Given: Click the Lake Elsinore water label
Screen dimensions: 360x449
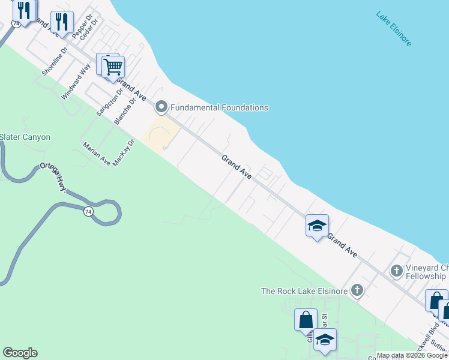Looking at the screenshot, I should coord(394,29).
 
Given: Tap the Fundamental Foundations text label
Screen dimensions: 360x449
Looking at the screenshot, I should coord(219,107).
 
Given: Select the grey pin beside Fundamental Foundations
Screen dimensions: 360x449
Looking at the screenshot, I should coord(161,107).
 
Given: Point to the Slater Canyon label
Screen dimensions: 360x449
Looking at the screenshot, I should coord(25,137).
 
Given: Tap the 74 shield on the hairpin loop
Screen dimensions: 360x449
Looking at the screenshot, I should coord(88,211).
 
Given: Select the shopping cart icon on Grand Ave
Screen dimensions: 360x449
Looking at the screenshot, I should coord(112,67).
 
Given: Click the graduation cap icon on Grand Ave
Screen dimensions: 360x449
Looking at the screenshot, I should coord(316,226).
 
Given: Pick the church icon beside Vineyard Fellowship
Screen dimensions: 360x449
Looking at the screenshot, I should coord(396,271).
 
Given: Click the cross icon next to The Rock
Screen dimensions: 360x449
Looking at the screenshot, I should coord(357,291).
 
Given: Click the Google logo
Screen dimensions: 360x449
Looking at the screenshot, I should coord(20,353).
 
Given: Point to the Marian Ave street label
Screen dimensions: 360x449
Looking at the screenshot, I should coord(97,154).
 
